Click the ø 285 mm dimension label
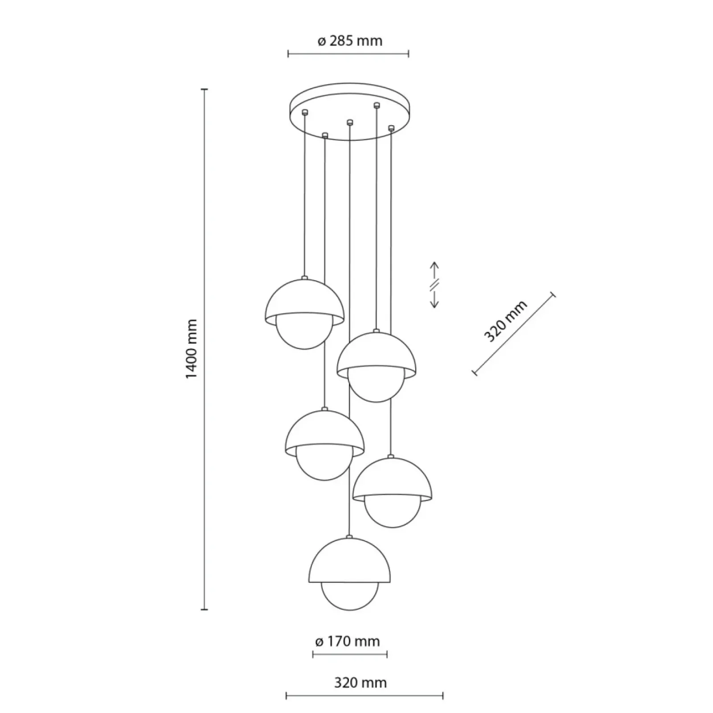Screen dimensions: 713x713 [x=350, y=41]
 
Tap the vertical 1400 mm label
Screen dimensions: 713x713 [x=191, y=349]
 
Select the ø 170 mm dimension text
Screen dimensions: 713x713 [x=347, y=641]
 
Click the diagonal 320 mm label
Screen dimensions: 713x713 [x=506, y=321]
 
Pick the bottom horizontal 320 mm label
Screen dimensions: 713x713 [x=360, y=682]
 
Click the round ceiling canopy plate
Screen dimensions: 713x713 [x=349, y=111]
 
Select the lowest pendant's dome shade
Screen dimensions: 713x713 [x=350, y=561]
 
